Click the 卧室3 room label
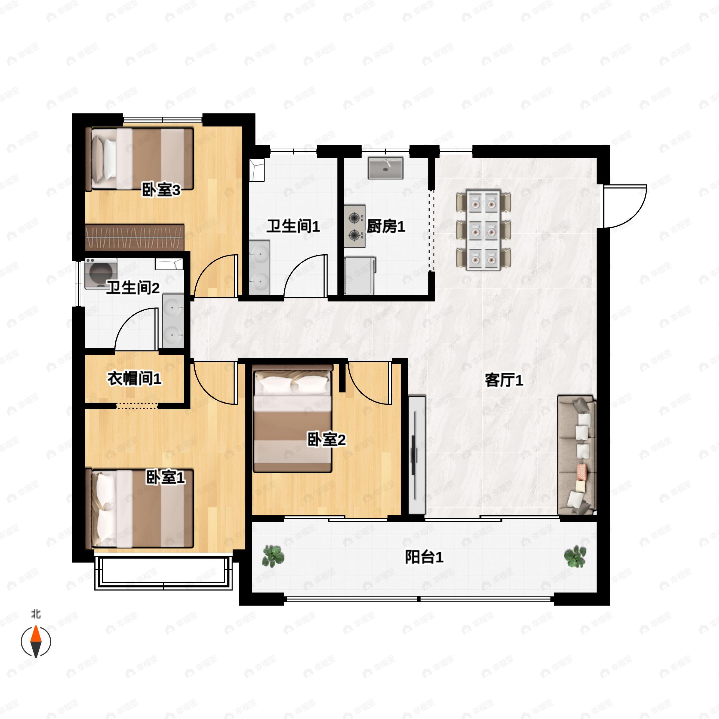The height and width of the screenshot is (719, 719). tap(161, 190)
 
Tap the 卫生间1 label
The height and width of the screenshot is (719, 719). tap(293, 226)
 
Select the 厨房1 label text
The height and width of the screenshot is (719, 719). tap(386, 226)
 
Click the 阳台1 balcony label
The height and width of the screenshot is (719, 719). tap(424, 558)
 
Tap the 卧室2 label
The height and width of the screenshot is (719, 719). tap(326, 439)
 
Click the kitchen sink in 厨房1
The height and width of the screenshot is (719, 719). tap(386, 168)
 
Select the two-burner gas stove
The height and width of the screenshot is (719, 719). tap(355, 226)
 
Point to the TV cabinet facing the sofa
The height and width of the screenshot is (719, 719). tap(417, 455)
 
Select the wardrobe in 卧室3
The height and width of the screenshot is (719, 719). tap(135, 237)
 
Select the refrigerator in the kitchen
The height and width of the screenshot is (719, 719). tap(359, 275)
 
